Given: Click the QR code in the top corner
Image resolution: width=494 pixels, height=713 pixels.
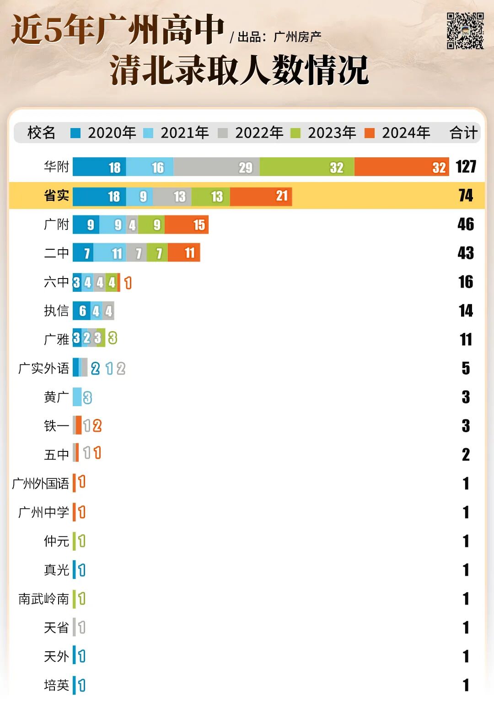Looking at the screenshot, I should coord(465,31).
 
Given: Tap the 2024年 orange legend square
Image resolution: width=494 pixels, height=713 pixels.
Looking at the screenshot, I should coord(369,133).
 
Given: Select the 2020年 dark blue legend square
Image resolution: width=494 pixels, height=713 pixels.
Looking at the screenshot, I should coord(75,133).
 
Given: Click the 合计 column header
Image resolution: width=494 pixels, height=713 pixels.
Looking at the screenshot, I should coord(463,133).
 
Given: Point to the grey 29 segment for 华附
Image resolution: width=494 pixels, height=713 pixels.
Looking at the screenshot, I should coord(216,167).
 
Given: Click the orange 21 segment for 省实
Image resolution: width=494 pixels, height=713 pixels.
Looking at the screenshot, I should coord(261,196).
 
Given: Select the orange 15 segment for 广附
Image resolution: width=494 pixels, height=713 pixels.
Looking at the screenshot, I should coord(187,225).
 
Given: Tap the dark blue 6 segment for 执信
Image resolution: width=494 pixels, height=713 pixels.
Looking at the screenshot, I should coord(81,311).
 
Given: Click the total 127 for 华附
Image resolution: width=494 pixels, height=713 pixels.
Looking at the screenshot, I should coord(466,167).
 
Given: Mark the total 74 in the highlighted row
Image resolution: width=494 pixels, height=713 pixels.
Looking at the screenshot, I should coord(466,196).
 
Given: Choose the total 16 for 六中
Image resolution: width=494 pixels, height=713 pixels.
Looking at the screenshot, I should coord(466,282).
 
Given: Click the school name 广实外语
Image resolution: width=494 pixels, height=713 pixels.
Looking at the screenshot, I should coord(43,368).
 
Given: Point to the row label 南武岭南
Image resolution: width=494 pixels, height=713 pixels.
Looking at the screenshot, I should coord(43,599).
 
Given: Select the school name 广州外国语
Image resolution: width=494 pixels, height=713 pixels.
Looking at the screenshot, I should coord(40,483).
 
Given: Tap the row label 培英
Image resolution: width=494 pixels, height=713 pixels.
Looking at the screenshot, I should coord(56,685).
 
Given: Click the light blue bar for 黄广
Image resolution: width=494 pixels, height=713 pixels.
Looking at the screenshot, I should coord(77,397).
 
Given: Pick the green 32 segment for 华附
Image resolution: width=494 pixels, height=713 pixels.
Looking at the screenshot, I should coord(307,167).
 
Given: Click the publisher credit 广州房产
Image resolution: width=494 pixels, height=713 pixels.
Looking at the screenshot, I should coord(297,37).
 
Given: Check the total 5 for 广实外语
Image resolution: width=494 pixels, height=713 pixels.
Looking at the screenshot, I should coord(466,368).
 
